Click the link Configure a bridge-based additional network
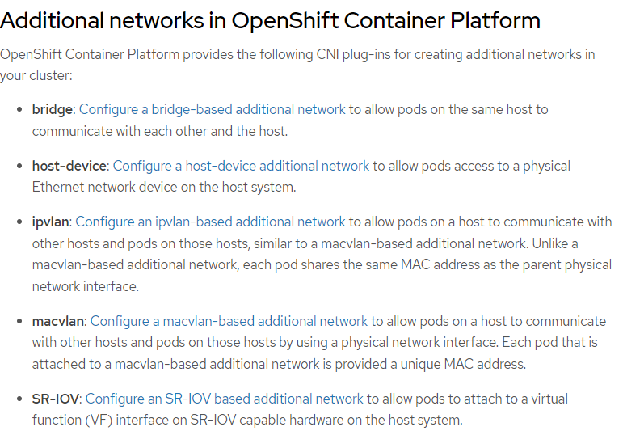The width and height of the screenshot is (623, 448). [x=212, y=109]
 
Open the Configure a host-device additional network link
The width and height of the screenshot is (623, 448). [x=241, y=166]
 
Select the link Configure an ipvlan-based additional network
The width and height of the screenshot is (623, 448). [x=210, y=222]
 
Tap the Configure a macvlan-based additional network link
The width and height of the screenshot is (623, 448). [x=229, y=321]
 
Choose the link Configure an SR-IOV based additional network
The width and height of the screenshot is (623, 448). [x=224, y=399]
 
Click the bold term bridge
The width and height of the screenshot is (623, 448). [x=52, y=109]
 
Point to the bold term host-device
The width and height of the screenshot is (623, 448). [x=69, y=166]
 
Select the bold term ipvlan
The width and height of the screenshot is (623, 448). [x=50, y=222]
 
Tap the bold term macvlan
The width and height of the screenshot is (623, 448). [x=59, y=321]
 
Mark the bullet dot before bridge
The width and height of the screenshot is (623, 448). [x=19, y=109]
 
